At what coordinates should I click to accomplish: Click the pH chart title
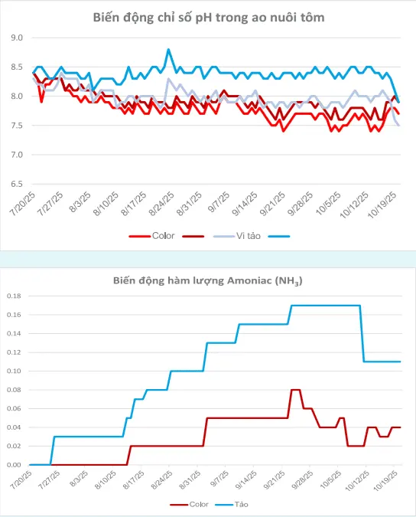209,18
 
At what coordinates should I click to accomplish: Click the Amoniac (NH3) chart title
208,281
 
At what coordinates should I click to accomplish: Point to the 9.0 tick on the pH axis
17,38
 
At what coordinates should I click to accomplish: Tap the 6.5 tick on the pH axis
17,184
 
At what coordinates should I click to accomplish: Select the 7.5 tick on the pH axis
17,126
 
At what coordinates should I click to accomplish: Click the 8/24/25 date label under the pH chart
162,204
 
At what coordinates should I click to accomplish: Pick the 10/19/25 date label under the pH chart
382,205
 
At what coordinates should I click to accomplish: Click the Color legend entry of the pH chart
151,236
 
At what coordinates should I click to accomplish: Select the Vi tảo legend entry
237,236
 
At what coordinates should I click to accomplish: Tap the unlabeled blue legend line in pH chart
279,236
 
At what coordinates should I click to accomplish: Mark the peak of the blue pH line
168,50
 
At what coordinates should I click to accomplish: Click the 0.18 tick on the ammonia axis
14,296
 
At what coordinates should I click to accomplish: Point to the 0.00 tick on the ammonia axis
14,465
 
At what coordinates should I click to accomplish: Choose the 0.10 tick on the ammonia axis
14,371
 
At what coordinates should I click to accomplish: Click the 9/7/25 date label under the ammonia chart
219,479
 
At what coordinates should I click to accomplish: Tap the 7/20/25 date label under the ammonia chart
21,480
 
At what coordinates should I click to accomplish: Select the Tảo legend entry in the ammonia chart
232,505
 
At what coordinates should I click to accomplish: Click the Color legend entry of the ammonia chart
189,505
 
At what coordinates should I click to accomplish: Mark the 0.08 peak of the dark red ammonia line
295,390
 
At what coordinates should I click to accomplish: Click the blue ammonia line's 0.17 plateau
326,306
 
